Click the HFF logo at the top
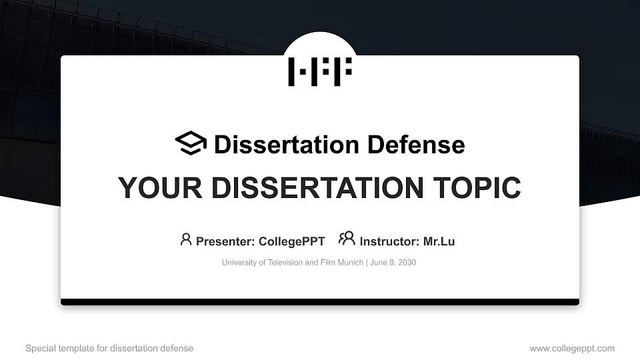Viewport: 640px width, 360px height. (x=319, y=72)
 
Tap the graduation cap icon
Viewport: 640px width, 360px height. (x=191, y=143)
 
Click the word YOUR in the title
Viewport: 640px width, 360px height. (x=154, y=188)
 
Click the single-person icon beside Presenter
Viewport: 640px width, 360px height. (x=186, y=239)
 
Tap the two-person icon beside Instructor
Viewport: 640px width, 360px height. (x=347, y=239)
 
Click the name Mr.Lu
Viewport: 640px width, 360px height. (x=439, y=241)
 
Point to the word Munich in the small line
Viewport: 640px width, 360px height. (x=350, y=263)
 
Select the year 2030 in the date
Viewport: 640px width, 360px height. (x=406, y=263)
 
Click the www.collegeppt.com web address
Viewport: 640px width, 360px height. (x=572, y=349)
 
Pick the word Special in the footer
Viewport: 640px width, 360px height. (x=39, y=349)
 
